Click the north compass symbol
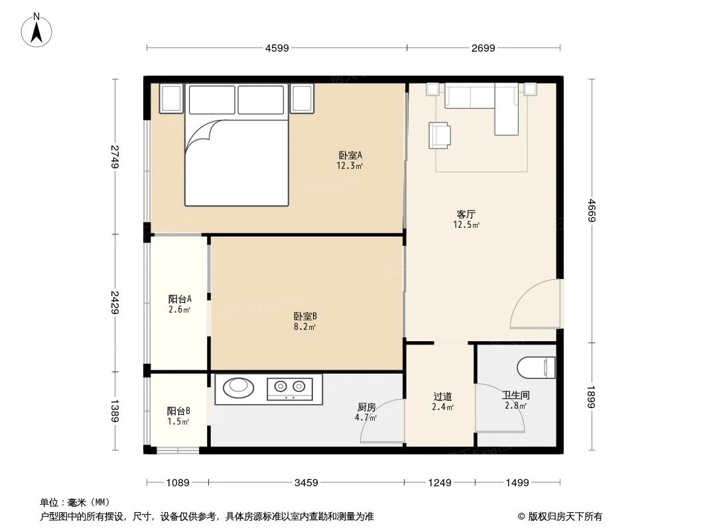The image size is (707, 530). [38, 29]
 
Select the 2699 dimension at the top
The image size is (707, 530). [483, 48]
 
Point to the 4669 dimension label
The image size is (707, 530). [593, 211]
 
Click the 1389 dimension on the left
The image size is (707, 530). [114, 411]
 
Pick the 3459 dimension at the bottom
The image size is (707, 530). [307, 483]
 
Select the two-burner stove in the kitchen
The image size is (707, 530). [290, 388]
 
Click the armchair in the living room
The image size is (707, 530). [439, 135]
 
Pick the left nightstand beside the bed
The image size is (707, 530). [170, 99]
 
